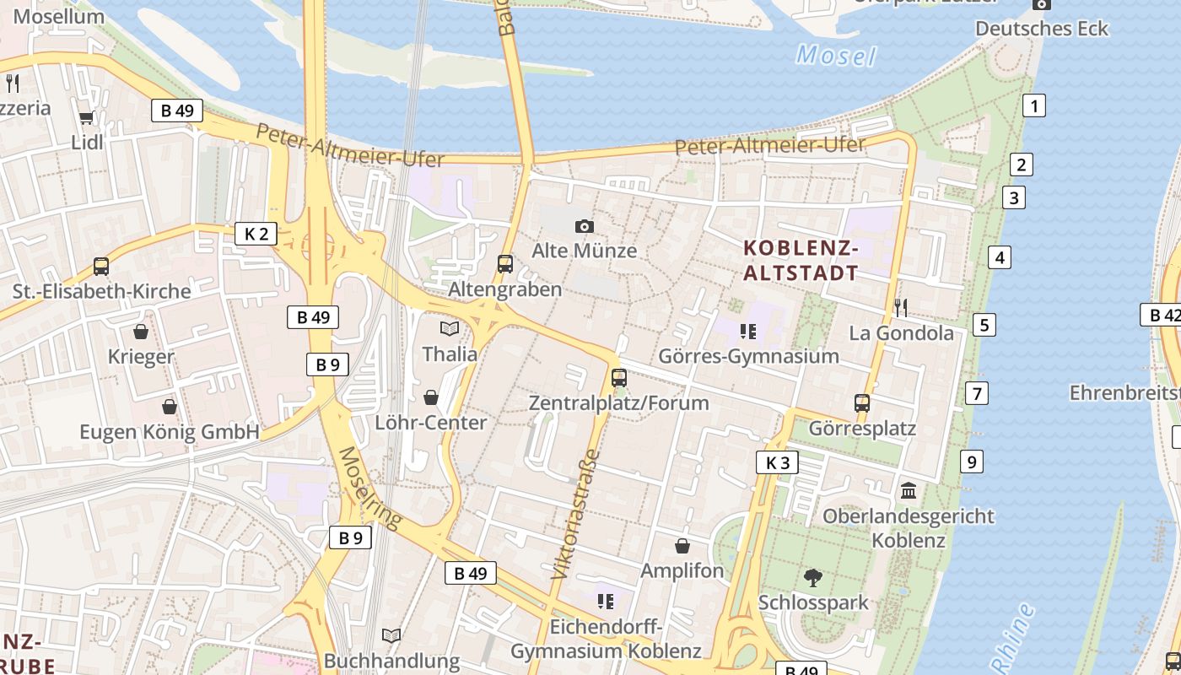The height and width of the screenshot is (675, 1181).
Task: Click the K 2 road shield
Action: pos(256,234)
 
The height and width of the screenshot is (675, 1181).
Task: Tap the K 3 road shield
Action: pos(777,462)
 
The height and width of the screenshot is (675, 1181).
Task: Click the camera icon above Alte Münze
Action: pos(584,226)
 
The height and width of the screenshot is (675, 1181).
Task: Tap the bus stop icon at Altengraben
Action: pos(505,264)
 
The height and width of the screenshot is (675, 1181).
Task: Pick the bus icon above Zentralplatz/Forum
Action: pos(619,378)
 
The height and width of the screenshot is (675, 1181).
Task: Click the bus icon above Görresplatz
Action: pos(861,403)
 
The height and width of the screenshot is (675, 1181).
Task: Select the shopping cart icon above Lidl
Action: pos(86,117)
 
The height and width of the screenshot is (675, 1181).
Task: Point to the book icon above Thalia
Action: pos(450,328)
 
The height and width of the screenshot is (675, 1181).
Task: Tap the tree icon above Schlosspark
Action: pos(813,577)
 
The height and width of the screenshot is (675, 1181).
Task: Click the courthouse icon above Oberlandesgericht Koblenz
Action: pos(909,490)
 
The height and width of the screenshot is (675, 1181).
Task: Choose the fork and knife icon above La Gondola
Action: pos(901,307)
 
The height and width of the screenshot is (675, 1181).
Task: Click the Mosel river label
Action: pos(836,57)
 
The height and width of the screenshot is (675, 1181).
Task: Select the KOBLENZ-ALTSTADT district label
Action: pos(801,261)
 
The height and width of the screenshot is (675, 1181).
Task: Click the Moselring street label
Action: pos(369,488)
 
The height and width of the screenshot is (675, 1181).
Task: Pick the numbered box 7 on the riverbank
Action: pos(977,392)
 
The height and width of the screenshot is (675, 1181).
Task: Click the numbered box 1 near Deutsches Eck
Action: pos(1033,105)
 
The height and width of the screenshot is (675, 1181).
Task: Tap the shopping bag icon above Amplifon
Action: pos(682,546)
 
